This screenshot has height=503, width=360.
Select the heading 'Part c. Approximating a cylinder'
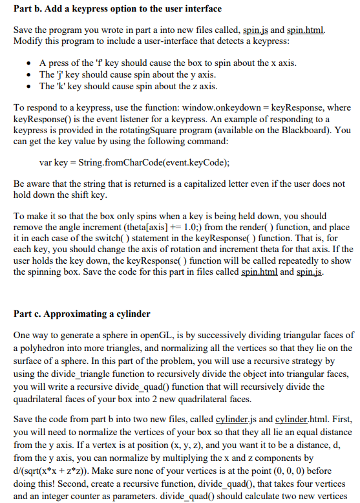click(x=81, y=314)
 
